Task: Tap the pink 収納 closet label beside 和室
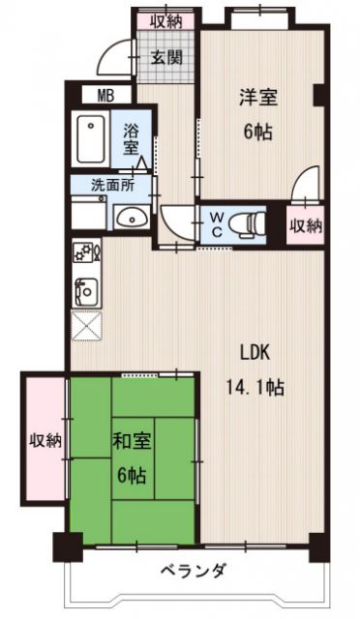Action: [x=45, y=440]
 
